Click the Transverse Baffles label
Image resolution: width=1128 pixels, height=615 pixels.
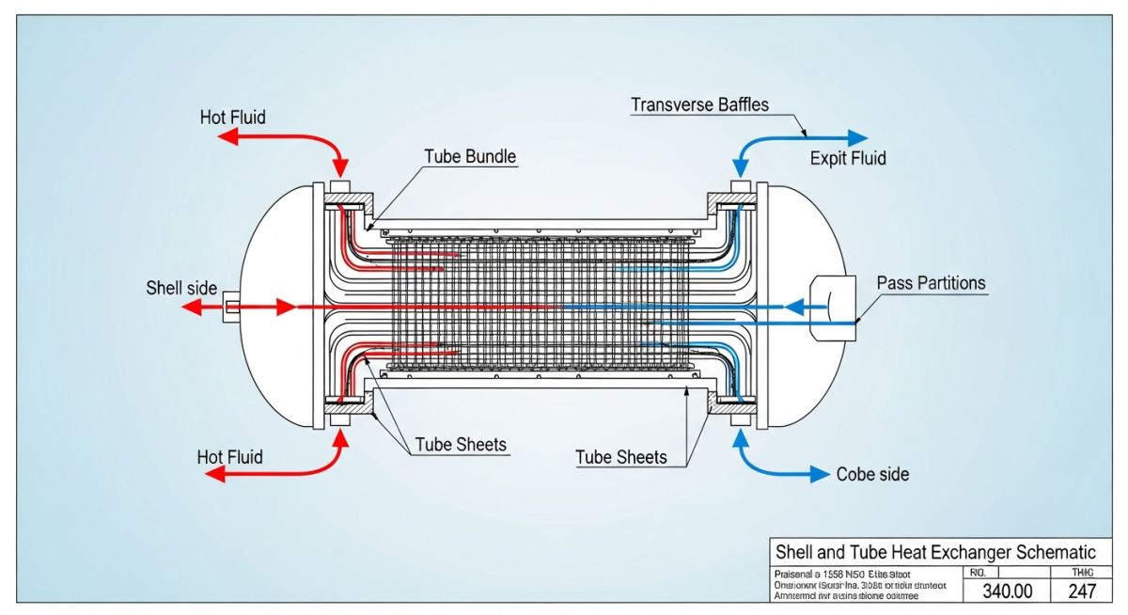pyautogui.click(x=699, y=104)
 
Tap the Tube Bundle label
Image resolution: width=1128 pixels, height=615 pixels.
pyautogui.click(x=470, y=156)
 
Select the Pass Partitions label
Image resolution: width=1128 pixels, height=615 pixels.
pyautogui.click(x=931, y=282)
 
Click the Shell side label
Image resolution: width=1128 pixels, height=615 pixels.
pyautogui.click(x=181, y=287)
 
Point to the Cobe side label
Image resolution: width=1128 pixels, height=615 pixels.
pyautogui.click(x=872, y=474)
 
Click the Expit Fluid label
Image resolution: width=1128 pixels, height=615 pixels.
pyautogui.click(x=848, y=158)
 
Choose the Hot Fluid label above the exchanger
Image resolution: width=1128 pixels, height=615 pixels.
pyautogui.click(x=232, y=118)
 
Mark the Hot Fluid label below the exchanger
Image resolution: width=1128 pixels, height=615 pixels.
pyautogui.click(x=229, y=457)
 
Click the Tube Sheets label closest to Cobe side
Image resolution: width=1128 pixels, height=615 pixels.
pyautogui.click(x=620, y=457)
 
